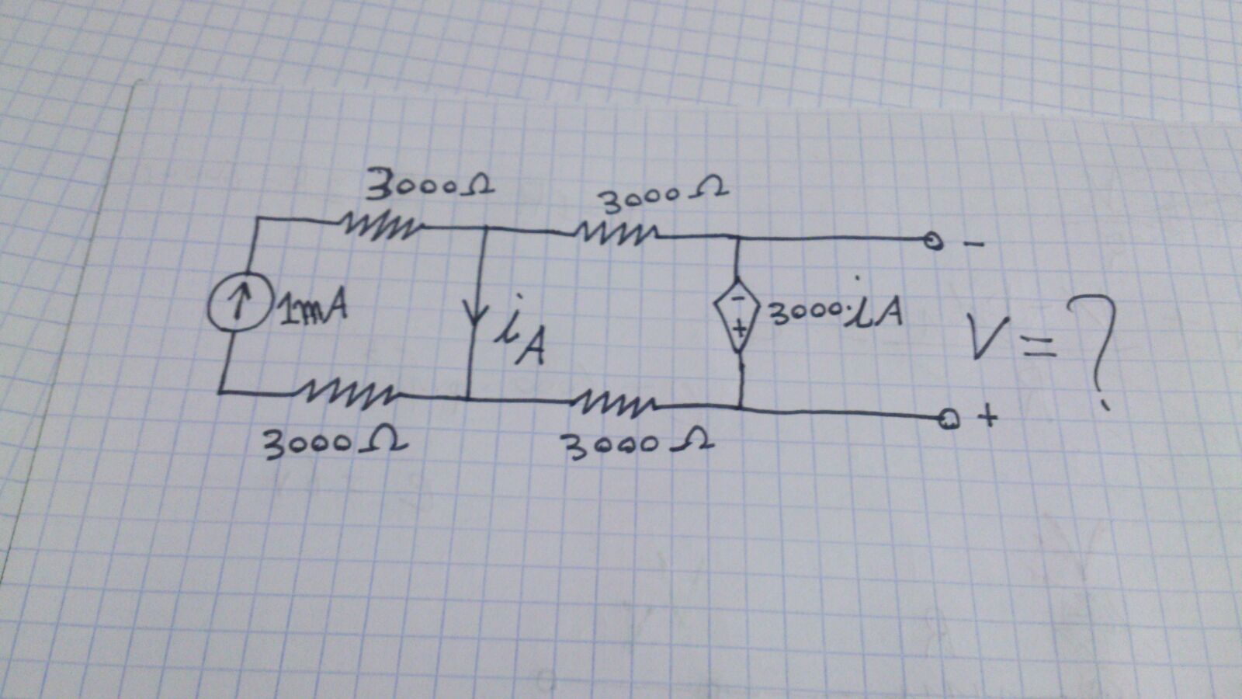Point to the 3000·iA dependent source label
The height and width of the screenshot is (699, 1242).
(835, 311)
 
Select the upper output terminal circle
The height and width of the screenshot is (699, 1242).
(935, 243)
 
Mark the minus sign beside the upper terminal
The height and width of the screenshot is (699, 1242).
(974, 245)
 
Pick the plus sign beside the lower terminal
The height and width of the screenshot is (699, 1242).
(987, 418)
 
